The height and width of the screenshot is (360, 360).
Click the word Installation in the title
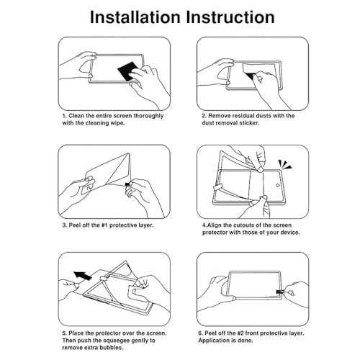tap(135, 17)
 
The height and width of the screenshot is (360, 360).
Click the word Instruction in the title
tap(230, 17)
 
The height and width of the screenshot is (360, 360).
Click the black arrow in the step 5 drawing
tap(83, 276)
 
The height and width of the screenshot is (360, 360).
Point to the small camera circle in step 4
tap(278, 185)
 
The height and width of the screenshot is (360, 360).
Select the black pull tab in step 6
tap(280, 292)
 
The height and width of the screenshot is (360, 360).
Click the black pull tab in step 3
tap(127, 184)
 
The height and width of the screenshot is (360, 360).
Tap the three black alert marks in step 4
tap(285, 164)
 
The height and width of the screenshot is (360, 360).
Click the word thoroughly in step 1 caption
tap(148, 116)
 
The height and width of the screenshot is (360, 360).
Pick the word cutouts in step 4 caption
tap(246, 225)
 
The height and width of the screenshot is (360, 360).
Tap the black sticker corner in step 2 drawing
tap(251, 76)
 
